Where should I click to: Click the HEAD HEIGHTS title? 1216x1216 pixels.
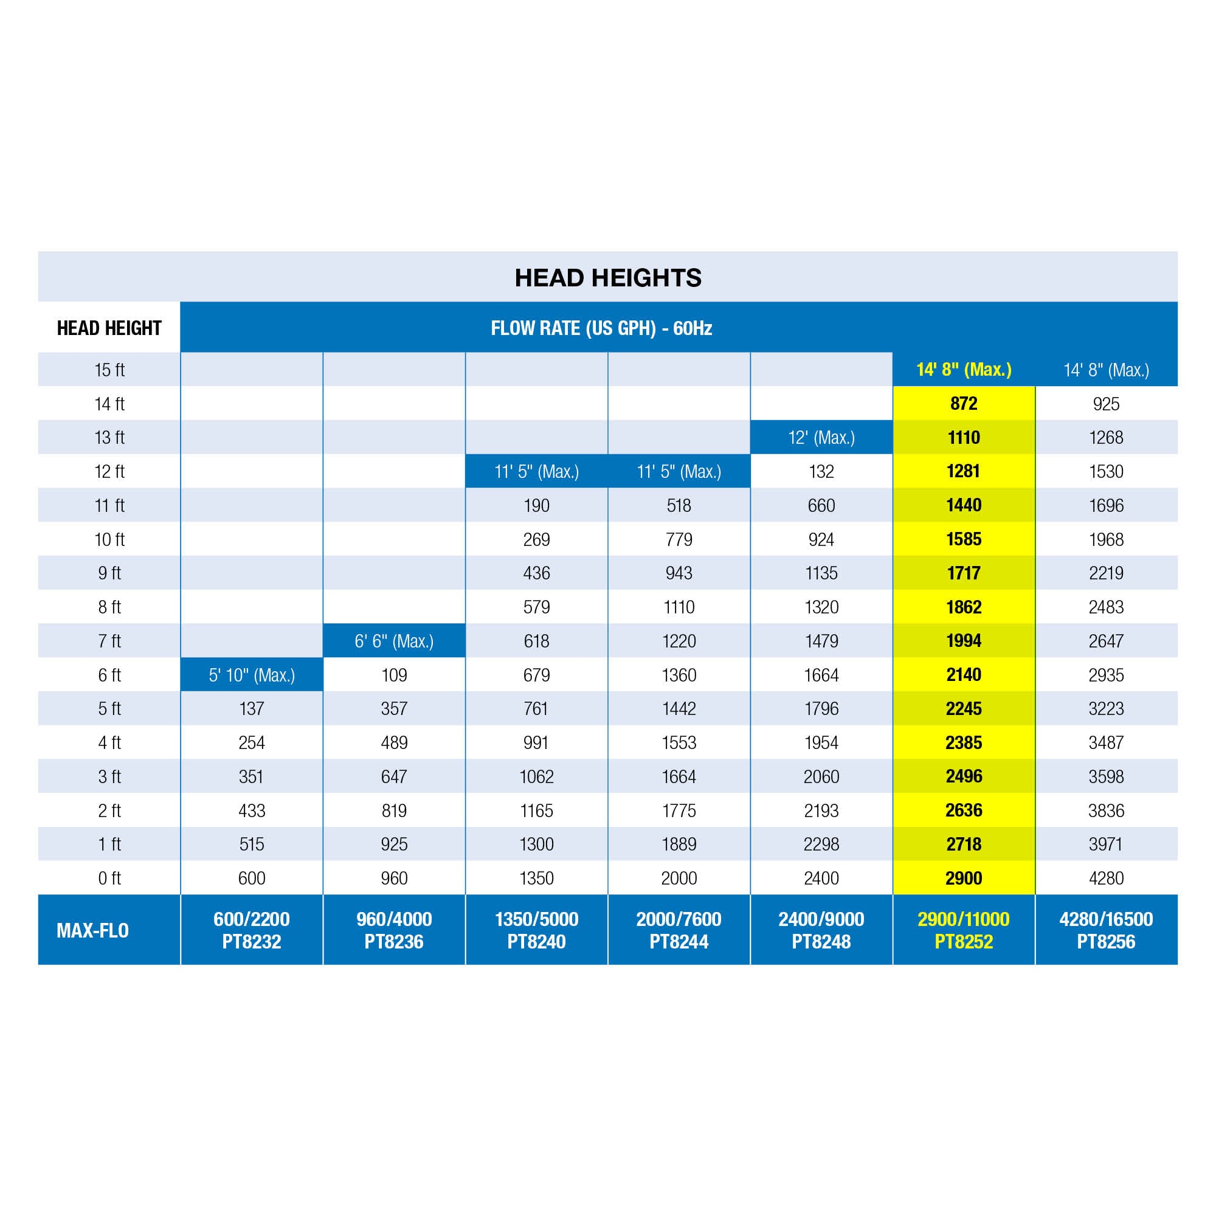(x=607, y=278)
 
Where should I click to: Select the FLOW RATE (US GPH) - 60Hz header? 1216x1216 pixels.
(x=601, y=328)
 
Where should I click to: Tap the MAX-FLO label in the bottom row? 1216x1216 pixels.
(x=92, y=930)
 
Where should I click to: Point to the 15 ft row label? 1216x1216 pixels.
(x=109, y=370)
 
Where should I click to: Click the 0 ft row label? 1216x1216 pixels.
(x=109, y=878)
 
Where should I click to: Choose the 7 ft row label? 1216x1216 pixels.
(x=109, y=641)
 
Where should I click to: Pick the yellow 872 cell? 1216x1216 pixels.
(x=964, y=404)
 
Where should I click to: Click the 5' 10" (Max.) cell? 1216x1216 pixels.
(x=252, y=675)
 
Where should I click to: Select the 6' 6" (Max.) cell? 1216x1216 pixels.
(x=394, y=641)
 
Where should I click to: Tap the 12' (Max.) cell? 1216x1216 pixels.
(x=821, y=437)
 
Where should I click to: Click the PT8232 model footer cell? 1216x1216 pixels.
(x=252, y=930)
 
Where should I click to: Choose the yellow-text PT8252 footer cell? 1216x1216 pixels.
(x=964, y=930)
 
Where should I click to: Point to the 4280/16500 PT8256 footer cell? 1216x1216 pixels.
(x=1106, y=930)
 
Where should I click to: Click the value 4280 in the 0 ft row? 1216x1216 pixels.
(x=1106, y=878)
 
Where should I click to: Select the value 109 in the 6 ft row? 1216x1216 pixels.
(x=394, y=675)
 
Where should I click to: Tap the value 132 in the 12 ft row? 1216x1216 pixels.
(x=821, y=471)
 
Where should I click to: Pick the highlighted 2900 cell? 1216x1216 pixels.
(x=964, y=878)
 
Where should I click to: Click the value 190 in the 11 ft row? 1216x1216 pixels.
(x=536, y=505)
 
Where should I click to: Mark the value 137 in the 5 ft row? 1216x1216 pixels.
(x=252, y=709)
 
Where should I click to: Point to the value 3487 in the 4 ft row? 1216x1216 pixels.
(x=1106, y=743)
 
